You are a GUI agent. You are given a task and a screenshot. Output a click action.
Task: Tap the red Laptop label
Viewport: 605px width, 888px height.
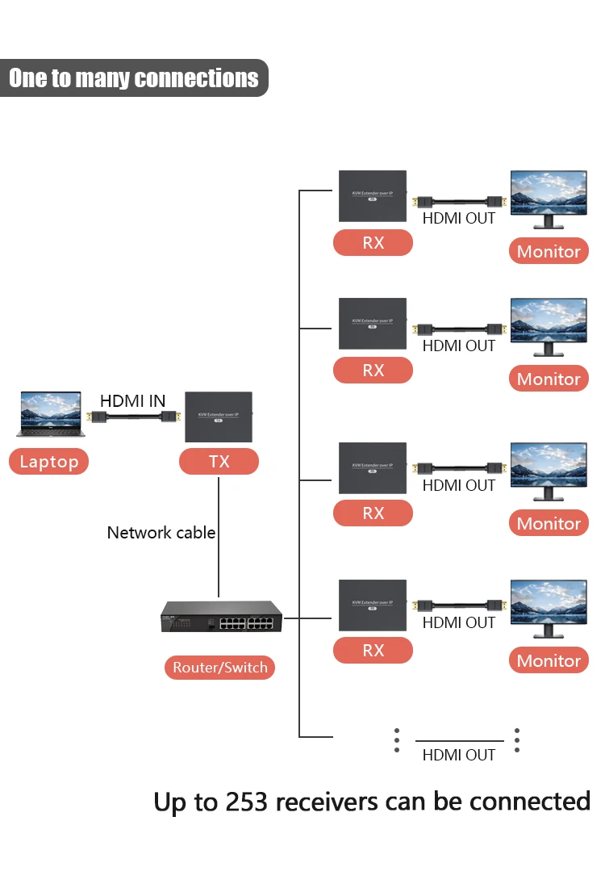tap(49, 462)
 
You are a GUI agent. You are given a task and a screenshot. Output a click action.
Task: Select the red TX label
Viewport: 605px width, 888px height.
tap(219, 462)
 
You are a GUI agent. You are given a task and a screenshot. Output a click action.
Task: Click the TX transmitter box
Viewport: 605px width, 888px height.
tap(219, 417)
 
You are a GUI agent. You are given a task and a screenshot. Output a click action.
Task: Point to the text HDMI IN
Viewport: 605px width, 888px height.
tap(132, 400)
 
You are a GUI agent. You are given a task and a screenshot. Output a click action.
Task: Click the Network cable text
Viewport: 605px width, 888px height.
tap(161, 533)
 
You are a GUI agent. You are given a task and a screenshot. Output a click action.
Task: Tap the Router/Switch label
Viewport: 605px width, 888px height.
tap(219, 668)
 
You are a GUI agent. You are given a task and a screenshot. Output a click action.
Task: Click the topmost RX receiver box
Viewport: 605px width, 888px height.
tap(373, 195)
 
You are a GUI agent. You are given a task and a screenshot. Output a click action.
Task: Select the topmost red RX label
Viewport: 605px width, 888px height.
tap(373, 243)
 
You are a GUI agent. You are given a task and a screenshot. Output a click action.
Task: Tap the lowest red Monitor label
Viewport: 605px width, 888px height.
tap(549, 660)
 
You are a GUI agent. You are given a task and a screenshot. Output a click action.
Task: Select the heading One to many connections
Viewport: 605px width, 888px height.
tap(134, 78)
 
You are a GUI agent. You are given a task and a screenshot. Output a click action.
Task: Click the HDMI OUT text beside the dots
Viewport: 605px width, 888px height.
tap(459, 755)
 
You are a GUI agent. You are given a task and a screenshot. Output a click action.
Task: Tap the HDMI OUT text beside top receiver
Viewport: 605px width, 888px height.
tap(459, 218)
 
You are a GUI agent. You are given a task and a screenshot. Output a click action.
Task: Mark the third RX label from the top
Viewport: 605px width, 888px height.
tap(373, 513)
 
